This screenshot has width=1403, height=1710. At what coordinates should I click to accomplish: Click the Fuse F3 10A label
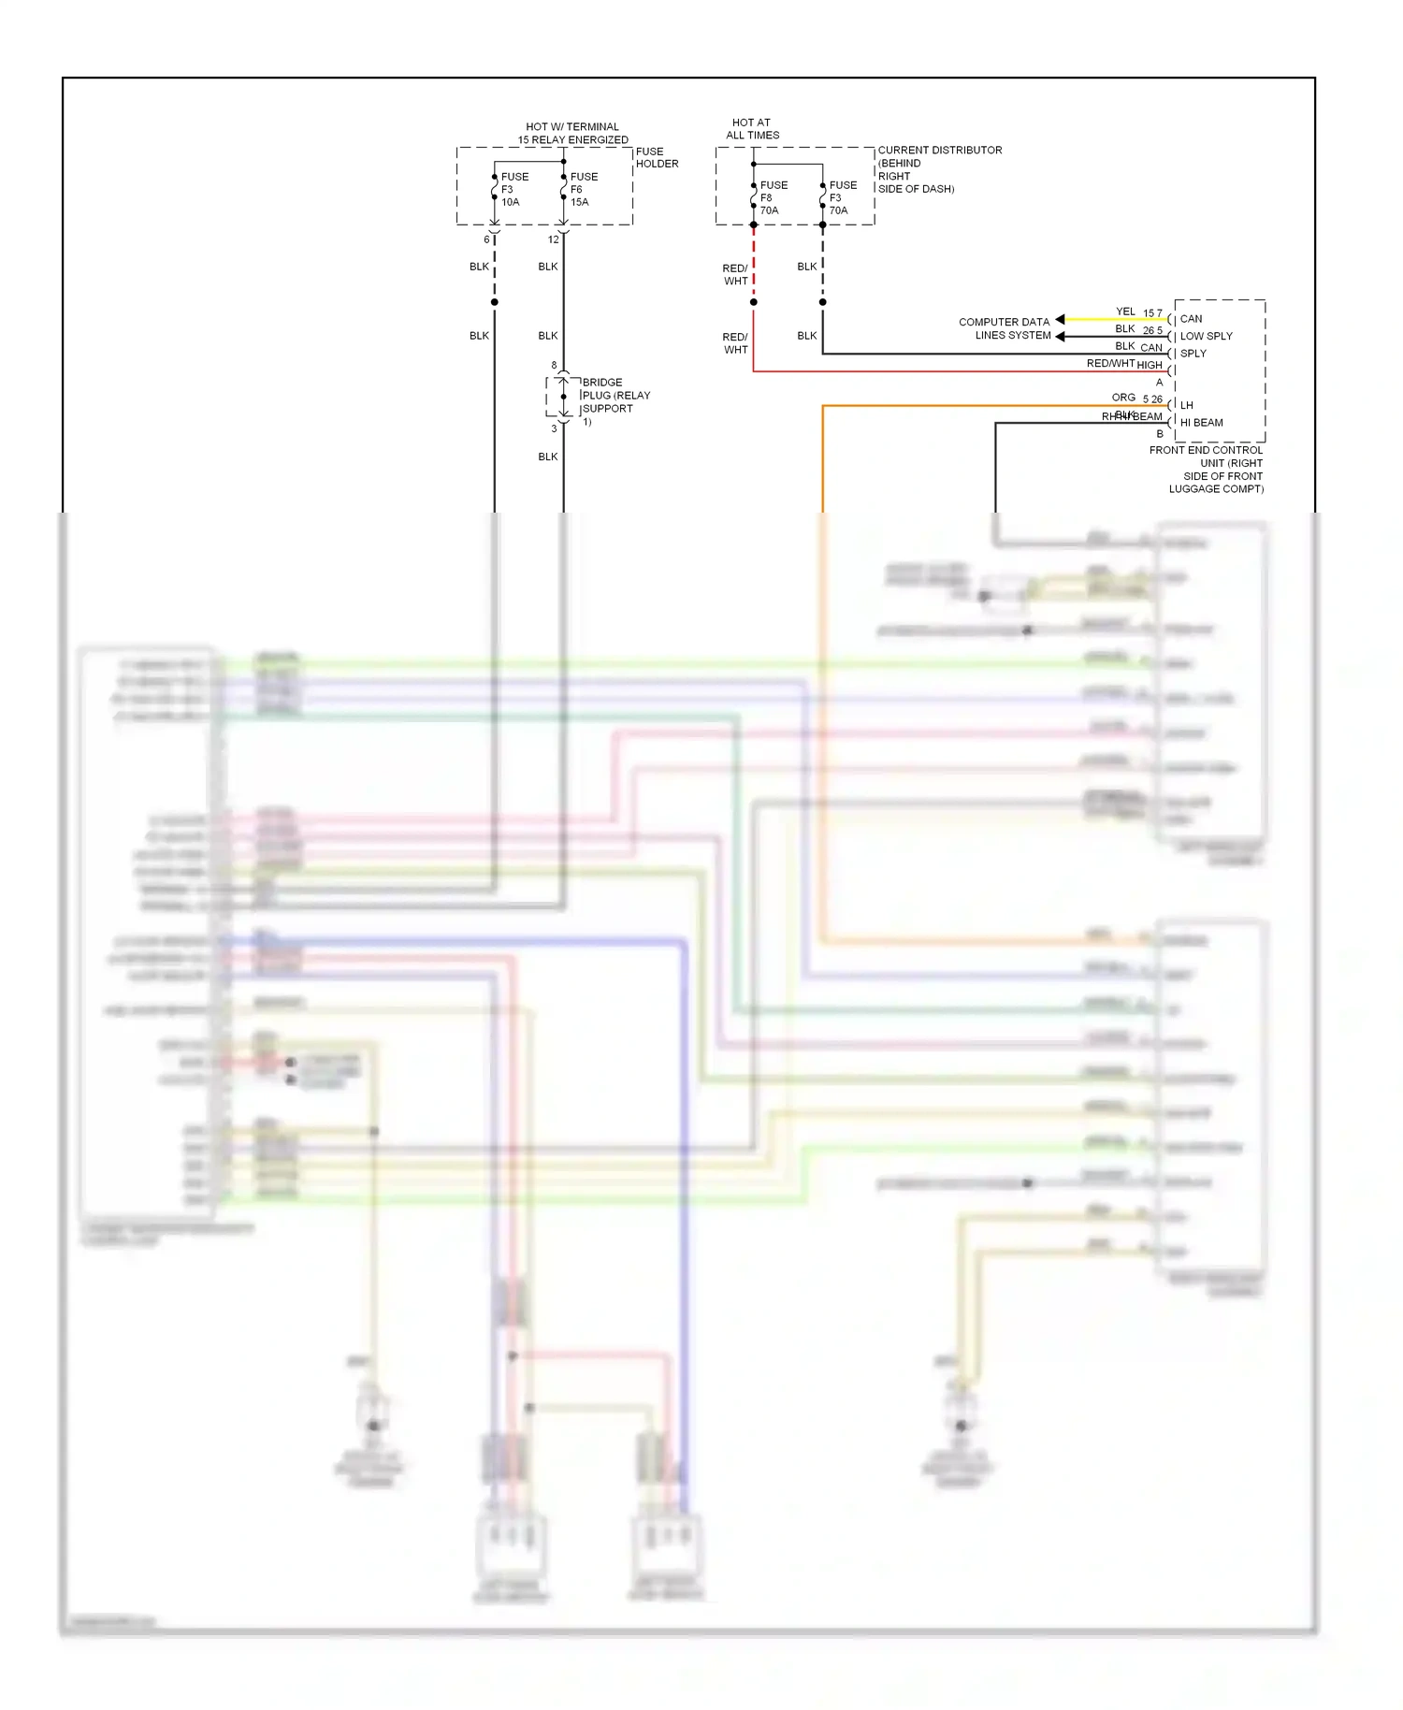pyautogui.click(x=513, y=189)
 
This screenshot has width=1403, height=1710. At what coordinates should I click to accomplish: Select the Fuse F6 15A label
pyautogui.click(x=583, y=189)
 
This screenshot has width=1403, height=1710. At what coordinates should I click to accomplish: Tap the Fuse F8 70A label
pyautogui.click(x=773, y=197)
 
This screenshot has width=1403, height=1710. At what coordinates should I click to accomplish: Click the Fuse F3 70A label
pyautogui.click(x=842, y=197)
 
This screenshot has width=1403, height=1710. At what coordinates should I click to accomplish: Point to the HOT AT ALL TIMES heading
pyautogui.click(x=752, y=128)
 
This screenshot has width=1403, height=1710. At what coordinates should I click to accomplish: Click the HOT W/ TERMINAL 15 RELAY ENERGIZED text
pyautogui.click(x=572, y=133)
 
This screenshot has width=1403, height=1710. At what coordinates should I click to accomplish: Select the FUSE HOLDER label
pyautogui.click(x=657, y=157)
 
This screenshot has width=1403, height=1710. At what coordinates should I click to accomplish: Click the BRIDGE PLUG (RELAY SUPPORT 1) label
pyautogui.click(x=615, y=401)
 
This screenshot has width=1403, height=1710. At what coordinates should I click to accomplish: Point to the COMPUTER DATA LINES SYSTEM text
pyautogui.click(x=1004, y=328)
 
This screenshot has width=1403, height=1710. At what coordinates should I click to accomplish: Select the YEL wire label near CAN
pyautogui.click(x=1125, y=312)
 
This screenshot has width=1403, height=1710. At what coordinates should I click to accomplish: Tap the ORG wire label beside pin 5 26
pyautogui.click(x=1123, y=398)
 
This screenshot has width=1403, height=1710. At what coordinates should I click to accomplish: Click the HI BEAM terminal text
pyautogui.click(x=1201, y=423)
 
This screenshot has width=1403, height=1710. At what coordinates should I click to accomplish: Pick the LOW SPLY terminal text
pyautogui.click(x=1206, y=336)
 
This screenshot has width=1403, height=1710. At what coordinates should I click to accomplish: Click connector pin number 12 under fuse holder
pyautogui.click(x=554, y=239)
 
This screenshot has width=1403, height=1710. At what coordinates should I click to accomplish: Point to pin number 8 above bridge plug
pyautogui.click(x=554, y=365)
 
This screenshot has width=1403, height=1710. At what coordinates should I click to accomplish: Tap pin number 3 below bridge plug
pyautogui.click(x=554, y=428)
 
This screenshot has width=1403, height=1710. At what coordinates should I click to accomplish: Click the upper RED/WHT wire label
pyautogui.click(x=735, y=274)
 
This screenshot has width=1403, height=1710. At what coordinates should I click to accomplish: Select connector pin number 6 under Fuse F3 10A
pyautogui.click(x=486, y=239)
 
